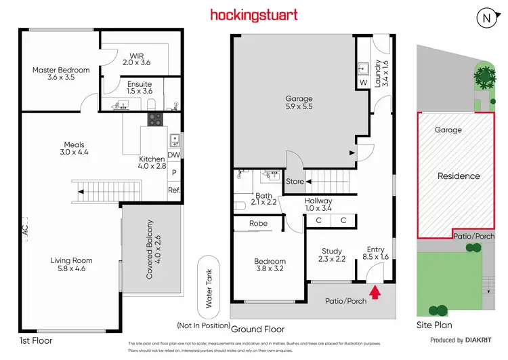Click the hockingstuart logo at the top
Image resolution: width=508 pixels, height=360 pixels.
coord(253,14)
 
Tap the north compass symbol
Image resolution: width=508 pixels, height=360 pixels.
coord(486,18)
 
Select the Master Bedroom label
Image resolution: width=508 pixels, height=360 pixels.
coord(61,73)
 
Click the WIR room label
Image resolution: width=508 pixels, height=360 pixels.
coord(137,58)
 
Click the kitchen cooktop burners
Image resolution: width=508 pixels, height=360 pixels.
coord(155,119)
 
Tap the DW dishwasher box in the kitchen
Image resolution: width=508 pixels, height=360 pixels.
coord(174,155)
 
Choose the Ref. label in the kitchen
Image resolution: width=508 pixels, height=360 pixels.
coord(174,190)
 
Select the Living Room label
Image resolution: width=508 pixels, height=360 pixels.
coord(71,264)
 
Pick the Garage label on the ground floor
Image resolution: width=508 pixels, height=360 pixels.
coord(298,103)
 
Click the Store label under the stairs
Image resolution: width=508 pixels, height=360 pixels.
coord(295,182)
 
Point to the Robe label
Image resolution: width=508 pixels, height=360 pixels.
coord(258,223)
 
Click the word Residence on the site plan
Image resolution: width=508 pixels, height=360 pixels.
coord(459,176)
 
